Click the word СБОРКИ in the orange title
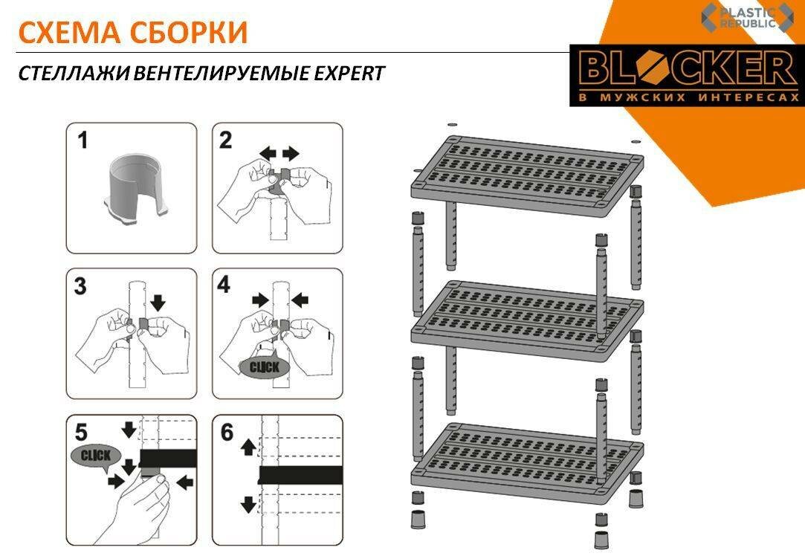pyautogui.click(x=188, y=33)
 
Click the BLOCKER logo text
pyautogui.click(x=688, y=69)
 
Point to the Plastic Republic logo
pyautogui.click(x=746, y=17)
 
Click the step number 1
pyautogui.click(x=83, y=140)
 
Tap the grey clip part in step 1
pyautogui.click(x=137, y=190)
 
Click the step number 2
pyautogui.click(x=225, y=140)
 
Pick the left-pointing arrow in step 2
pyautogui.click(x=268, y=152)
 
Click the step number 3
pyautogui.click(x=80, y=286)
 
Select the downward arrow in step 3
pyautogui.click(x=158, y=302)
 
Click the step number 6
pyautogui.click(x=227, y=433)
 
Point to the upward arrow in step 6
pyautogui.click(x=248, y=447)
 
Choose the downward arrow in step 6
pyautogui.click(x=248, y=505)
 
